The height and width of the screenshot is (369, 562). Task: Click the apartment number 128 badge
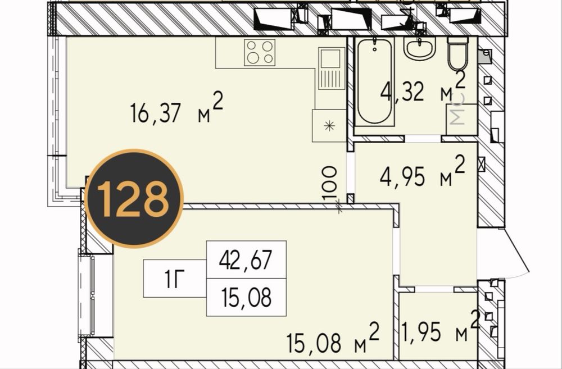(x=134, y=198)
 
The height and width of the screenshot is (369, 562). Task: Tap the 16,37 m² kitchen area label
(x=176, y=108)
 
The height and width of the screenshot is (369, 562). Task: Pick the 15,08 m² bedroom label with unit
(x=333, y=338)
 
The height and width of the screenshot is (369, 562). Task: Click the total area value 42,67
(x=246, y=259)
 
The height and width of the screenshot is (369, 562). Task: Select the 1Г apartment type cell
(x=175, y=279)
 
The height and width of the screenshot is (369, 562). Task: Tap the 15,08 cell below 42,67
(x=246, y=297)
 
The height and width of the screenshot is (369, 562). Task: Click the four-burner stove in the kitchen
(x=260, y=52)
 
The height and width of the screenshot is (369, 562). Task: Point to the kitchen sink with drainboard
(x=331, y=69)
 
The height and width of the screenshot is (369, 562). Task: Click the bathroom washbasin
(x=419, y=48)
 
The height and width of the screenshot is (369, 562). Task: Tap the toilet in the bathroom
(x=457, y=54)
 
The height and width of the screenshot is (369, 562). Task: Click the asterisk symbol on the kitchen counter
(x=329, y=126)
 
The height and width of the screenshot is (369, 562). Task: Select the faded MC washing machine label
(x=457, y=110)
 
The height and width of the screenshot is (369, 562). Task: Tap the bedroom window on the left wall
(x=87, y=295)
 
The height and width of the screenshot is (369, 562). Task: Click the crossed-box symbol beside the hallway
(x=482, y=164)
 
